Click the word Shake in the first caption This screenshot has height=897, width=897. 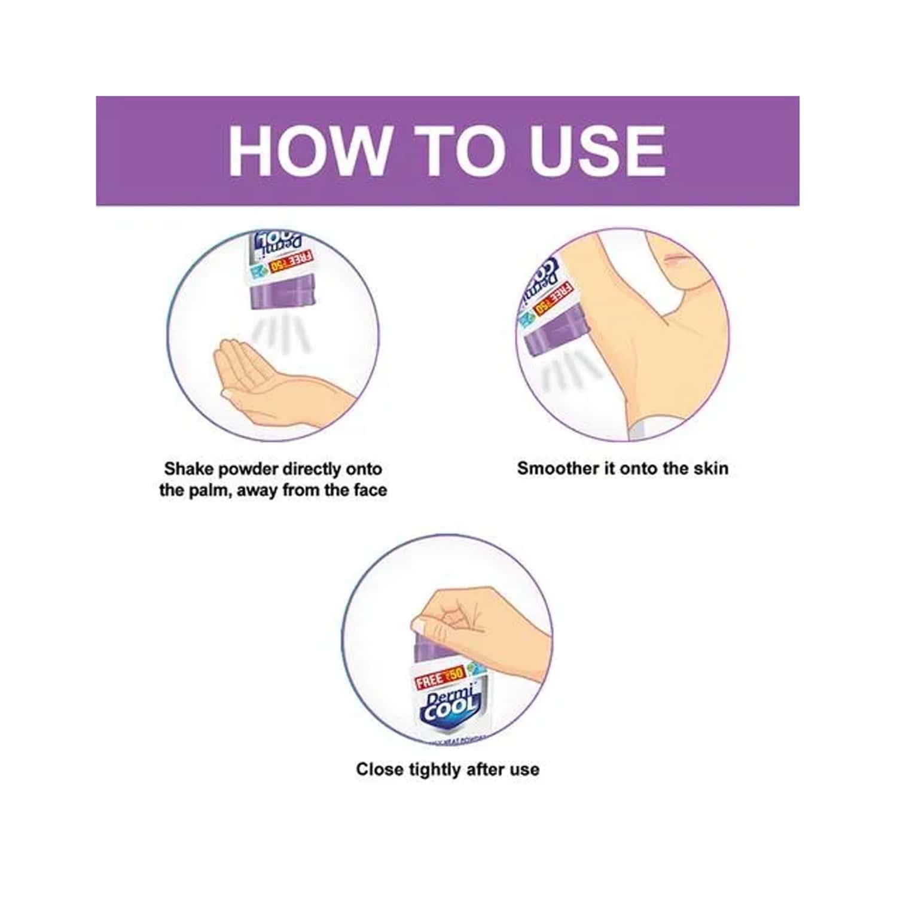coord(188,469)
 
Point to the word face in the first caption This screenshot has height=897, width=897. coord(370,490)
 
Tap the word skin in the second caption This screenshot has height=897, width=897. coord(710,468)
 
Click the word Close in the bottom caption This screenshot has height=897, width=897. coord(380,769)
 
